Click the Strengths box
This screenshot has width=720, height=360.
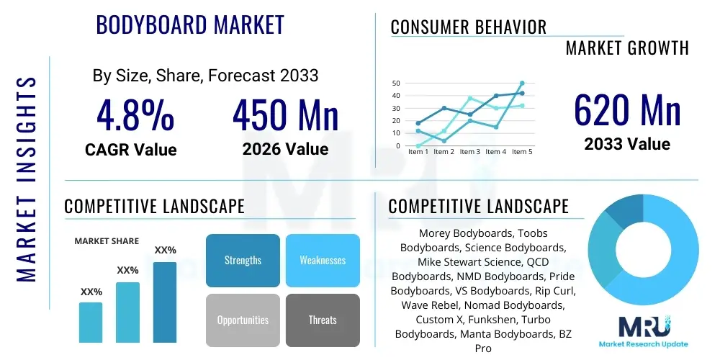243,260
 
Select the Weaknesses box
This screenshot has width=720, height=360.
323,260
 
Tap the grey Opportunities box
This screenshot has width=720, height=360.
243,320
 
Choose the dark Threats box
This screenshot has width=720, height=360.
323,320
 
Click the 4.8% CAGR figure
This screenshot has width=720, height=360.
135,115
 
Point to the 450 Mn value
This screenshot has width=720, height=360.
285,115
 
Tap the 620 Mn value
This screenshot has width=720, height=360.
627,110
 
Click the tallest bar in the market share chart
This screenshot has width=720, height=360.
165,302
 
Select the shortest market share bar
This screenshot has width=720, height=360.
91,322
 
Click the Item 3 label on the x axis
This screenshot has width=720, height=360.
469,152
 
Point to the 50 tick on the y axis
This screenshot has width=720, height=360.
395,84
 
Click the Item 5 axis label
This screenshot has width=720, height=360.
521,152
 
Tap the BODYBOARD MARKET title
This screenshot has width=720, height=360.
190,24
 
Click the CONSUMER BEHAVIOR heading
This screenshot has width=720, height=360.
469,27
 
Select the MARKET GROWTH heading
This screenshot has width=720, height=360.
627,48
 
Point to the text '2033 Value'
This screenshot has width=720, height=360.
627,144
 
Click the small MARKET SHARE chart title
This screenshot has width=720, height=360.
107,241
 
